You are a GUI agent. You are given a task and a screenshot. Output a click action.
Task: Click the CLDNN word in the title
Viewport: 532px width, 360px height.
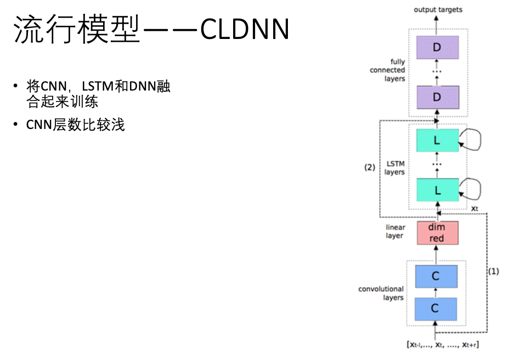coord(245,30)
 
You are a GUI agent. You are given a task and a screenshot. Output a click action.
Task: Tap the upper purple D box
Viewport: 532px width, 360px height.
coord(437,48)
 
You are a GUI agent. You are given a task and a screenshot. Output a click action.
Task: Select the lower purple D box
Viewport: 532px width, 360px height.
coord(437,97)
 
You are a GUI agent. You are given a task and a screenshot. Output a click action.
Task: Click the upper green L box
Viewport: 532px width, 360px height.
coord(437,140)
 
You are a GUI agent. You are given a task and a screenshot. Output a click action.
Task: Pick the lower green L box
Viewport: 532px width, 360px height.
coord(437,190)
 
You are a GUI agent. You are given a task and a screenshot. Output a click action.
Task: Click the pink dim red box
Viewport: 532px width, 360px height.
coord(437,233)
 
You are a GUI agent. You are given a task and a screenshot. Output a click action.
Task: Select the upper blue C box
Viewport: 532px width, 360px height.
coord(436,276)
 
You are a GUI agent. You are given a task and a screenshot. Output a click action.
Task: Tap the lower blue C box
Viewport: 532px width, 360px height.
coord(436,309)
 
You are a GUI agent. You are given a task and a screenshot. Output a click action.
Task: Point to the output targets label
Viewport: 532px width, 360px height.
coord(438,9)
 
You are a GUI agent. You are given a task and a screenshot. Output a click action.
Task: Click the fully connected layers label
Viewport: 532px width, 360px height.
coord(388,70)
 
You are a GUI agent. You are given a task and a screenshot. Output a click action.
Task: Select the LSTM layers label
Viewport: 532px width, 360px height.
coord(394,168)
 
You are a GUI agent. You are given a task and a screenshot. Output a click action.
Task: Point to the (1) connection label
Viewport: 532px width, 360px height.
coord(494,271)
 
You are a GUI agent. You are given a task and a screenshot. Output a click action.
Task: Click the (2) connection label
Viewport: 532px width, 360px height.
coord(370,167)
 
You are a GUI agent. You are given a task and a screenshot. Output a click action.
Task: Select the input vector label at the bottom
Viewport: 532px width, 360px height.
coord(442,345)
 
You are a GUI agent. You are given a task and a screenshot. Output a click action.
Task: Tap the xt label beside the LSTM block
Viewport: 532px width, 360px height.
coord(475,209)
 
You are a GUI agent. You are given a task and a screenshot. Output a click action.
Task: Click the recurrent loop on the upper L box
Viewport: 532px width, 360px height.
coord(472,140)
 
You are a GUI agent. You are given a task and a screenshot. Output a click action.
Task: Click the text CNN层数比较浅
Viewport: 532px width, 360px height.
coord(76,125)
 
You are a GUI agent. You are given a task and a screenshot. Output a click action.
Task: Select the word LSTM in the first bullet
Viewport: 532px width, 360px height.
coord(98,87)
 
